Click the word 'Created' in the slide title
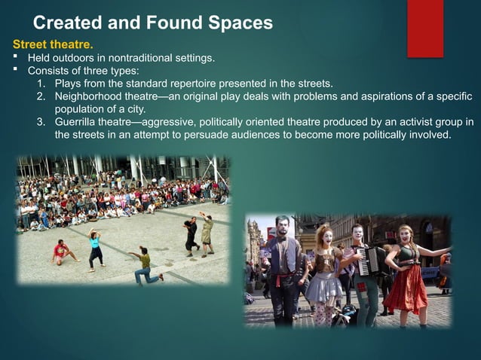point(69,23)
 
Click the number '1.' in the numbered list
point(41,84)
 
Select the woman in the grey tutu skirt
point(325,275)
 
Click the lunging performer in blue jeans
point(145,267)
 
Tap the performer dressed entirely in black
point(191,234)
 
